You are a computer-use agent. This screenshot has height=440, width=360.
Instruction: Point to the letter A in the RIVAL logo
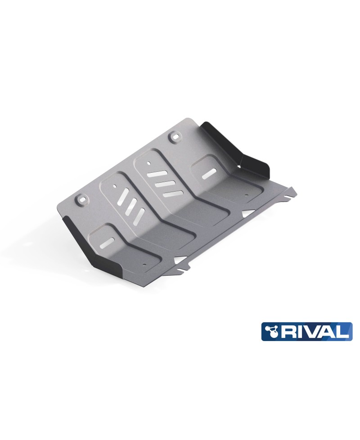point(327,332)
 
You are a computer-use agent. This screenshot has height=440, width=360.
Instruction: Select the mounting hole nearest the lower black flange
point(81,199)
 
